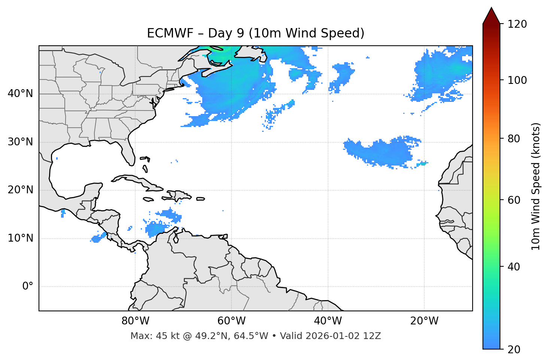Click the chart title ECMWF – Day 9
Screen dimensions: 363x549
[x=255, y=33]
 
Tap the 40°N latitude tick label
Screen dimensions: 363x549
[x=20, y=94]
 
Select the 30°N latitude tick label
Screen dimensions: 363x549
[x=20, y=142]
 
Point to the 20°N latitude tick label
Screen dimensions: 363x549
[x=20, y=190]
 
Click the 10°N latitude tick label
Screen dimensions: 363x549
[x=20, y=238]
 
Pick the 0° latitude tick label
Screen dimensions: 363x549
[x=28, y=287]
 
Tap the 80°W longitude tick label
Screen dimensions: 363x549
[x=135, y=321]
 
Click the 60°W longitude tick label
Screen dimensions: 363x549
[x=231, y=321]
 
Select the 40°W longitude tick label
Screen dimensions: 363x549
[x=328, y=321]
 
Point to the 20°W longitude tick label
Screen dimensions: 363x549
[x=424, y=321]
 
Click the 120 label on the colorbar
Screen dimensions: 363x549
[x=517, y=24]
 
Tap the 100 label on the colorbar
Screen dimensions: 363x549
[x=517, y=80]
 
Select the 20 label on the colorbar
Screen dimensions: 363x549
[x=515, y=350]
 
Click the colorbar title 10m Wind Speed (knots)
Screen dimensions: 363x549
[x=536, y=186]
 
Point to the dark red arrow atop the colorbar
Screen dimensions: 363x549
[x=491, y=16]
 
